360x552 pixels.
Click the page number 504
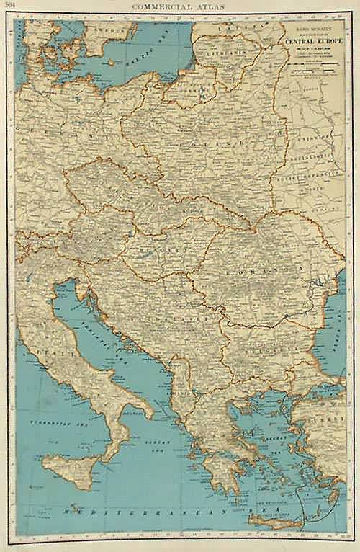[x=10, y=6]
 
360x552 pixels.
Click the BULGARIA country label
[x=266, y=347]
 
